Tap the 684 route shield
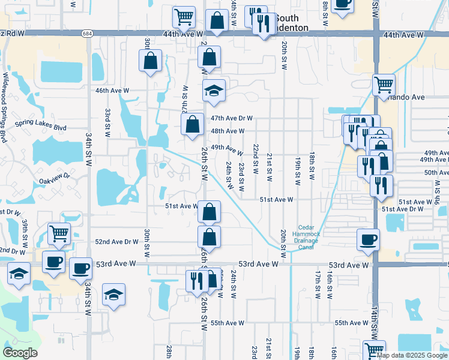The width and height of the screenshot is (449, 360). [x=88, y=34]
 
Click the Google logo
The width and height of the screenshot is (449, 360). [x=20, y=353]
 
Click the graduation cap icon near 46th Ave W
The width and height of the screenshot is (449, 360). [x=214, y=91]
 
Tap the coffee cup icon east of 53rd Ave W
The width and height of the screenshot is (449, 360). [x=368, y=240]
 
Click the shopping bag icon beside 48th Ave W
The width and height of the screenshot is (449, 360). [x=193, y=125]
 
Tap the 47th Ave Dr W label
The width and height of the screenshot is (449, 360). [x=231, y=119]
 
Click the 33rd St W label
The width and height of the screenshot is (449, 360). [x=107, y=122]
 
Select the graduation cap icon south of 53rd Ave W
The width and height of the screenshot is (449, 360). [x=113, y=295]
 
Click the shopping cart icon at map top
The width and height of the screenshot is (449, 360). [x=184, y=17]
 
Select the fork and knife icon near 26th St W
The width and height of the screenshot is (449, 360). [x=196, y=280]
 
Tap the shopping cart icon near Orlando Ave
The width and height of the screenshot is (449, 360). [x=384, y=85]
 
